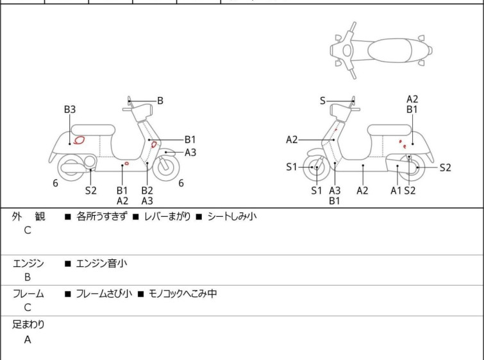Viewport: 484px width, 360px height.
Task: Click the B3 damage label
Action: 70,109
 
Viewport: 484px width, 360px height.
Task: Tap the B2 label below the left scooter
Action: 147,191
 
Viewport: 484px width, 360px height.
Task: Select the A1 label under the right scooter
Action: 396,191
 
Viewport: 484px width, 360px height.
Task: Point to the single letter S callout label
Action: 322,101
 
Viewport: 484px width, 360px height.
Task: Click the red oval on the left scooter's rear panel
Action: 79,141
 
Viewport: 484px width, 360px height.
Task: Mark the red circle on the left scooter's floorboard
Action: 126,163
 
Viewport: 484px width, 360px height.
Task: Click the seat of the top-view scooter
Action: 390,50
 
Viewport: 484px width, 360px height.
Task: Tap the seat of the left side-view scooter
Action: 93,130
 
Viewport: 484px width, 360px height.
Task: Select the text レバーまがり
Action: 167,216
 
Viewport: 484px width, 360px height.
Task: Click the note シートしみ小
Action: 232,216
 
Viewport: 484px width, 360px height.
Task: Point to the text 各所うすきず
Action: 101,216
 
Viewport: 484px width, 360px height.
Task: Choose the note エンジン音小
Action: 101,263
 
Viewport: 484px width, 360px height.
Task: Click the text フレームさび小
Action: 104,293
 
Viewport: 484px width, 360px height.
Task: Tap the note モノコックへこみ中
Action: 183,293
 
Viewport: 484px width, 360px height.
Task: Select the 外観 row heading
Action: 28,216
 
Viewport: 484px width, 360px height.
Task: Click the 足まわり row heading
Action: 28,325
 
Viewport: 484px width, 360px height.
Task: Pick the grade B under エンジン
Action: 28,277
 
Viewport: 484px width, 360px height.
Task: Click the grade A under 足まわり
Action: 28,339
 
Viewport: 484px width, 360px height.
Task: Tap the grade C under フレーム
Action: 28,307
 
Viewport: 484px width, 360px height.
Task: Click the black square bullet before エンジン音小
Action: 67,264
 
